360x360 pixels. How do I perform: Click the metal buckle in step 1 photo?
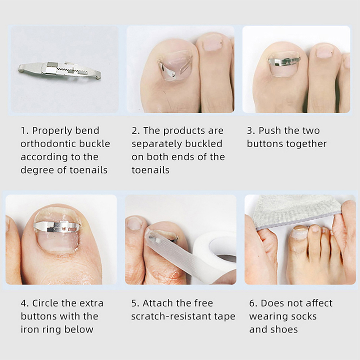(59, 70)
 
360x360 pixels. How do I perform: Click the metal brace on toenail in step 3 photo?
(284, 61)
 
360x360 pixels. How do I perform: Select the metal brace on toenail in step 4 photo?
(57, 226)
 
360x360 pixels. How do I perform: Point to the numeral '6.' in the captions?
(253, 303)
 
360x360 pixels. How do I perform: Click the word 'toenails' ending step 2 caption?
(151, 170)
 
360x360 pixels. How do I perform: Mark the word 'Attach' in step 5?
(159, 303)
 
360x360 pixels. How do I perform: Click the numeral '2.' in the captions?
(136, 130)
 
